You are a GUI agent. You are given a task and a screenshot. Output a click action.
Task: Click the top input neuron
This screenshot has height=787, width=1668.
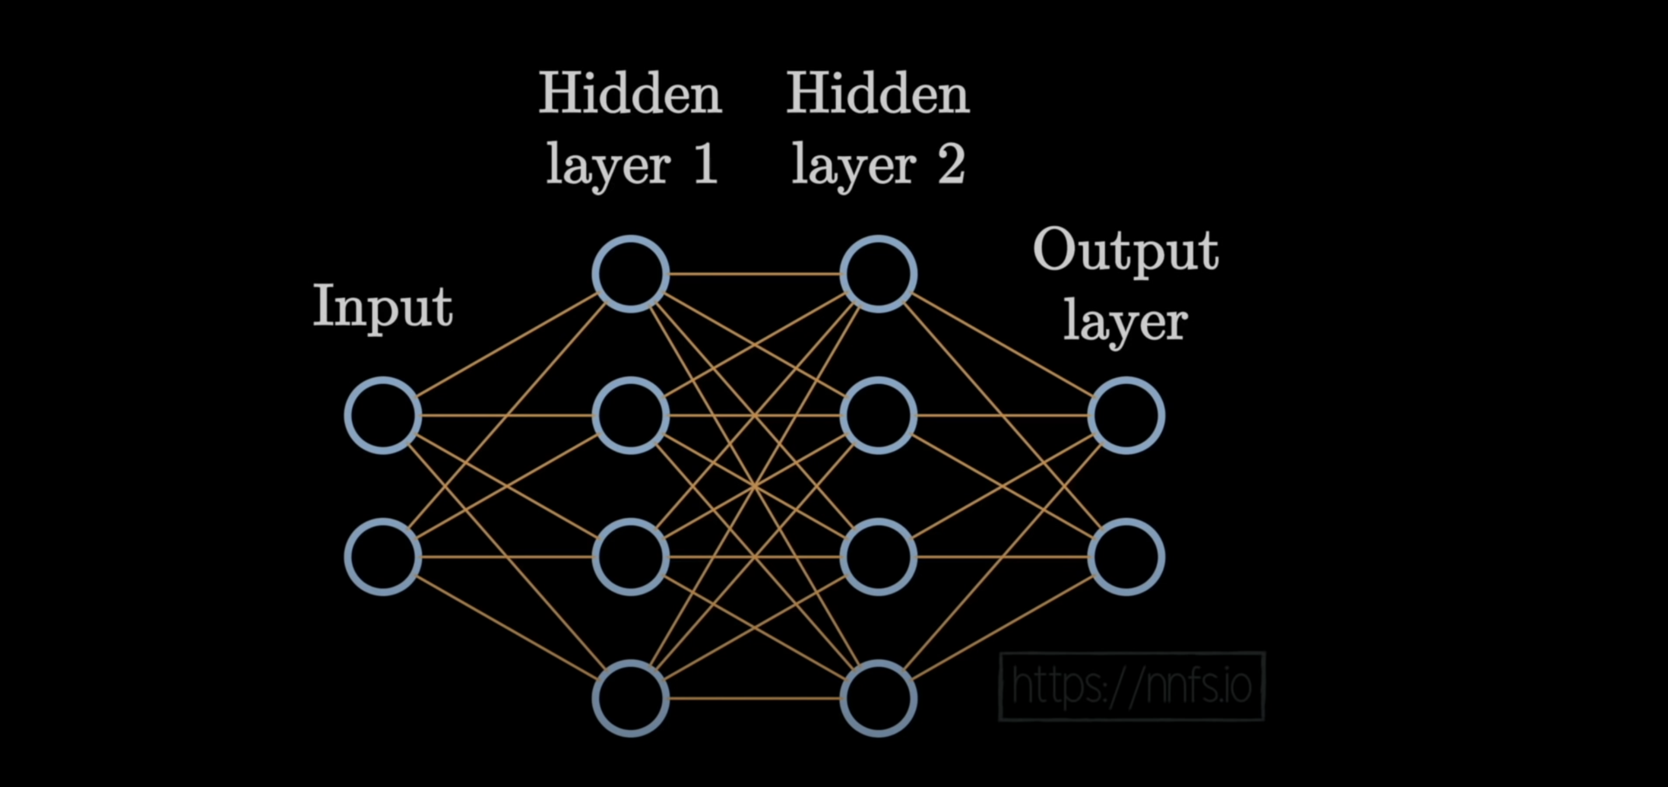[x=383, y=415]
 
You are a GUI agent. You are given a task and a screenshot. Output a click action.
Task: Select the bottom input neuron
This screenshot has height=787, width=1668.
[x=383, y=556]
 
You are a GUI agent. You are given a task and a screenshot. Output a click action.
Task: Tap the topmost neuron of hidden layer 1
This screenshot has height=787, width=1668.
[x=631, y=274]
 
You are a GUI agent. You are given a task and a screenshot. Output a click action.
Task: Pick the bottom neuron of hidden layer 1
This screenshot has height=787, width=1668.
[x=631, y=698]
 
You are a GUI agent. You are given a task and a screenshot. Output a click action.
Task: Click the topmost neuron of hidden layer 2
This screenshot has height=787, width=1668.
[x=879, y=274]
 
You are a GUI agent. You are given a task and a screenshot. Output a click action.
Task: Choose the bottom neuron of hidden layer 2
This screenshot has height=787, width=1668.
[x=879, y=698]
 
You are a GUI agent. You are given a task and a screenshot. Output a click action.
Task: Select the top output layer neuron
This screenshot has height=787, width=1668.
[x=1127, y=415]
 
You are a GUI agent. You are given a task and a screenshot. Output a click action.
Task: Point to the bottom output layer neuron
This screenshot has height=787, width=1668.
[x=1127, y=556]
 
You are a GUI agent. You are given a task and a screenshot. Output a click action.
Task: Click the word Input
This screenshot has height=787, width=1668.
[x=383, y=306]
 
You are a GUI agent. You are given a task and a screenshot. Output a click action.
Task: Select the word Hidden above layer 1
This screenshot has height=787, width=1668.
[x=631, y=94]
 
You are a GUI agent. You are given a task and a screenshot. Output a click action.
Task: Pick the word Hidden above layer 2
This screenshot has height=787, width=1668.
[x=879, y=94]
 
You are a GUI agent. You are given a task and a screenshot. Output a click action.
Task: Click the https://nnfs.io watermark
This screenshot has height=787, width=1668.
[x=1132, y=686]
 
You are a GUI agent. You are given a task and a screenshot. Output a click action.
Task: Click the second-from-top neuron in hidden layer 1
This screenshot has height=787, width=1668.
[x=631, y=415]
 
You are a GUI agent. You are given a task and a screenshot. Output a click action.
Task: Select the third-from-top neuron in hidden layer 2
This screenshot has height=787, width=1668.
[x=879, y=556]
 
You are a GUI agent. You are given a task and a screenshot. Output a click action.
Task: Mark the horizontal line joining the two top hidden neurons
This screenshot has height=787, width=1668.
[x=754, y=274]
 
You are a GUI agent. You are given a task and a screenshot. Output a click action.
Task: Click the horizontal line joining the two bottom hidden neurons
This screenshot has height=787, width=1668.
[x=754, y=698]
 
